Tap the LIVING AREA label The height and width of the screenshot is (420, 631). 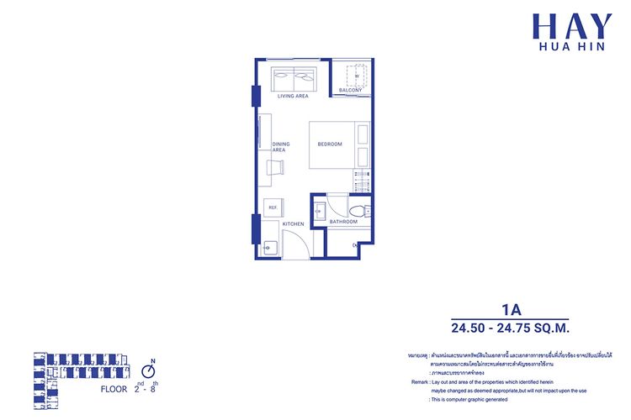[293, 96]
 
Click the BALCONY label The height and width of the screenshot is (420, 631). [350, 90]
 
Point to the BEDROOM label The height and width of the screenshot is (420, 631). [330, 144]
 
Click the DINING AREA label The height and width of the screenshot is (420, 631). [280, 147]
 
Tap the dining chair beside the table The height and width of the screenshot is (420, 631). [275, 167]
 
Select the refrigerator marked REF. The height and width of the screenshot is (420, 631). [273, 207]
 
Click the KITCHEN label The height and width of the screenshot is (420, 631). [293, 224]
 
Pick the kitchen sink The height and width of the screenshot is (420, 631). [269, 247]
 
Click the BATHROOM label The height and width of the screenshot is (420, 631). [343, 222]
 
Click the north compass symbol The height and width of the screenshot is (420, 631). [150, 369]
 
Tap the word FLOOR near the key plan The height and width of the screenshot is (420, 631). [114, 389]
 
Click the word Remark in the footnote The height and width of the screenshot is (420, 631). [421, 381]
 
